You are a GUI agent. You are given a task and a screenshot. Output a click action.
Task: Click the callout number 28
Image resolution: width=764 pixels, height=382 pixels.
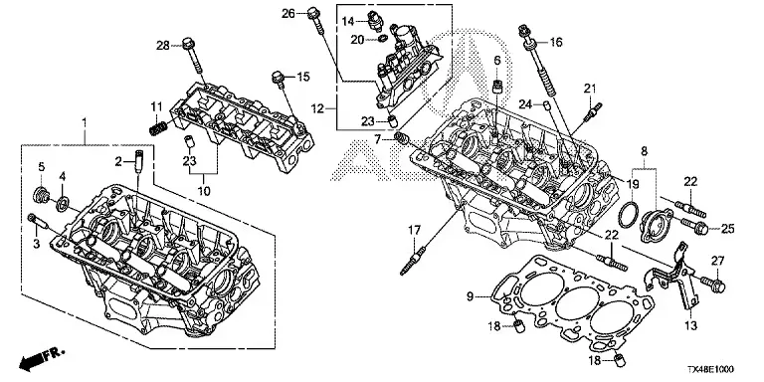click(x=162, y=46)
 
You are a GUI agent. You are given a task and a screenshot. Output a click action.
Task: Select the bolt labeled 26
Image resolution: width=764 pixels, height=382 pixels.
click(x=315, y=21)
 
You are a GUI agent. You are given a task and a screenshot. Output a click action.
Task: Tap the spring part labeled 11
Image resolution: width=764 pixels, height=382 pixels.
click(x=158, y=129)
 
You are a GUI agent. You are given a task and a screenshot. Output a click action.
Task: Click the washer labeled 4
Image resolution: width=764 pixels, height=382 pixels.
click(x=62, y=203)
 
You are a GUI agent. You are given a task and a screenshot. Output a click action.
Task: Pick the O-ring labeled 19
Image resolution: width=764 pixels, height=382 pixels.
click(x=629, y=214)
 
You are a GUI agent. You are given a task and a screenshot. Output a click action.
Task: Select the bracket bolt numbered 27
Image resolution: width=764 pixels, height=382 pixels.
click(x=713, y=284)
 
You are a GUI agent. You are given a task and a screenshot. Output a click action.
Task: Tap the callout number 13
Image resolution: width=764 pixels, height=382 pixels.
click(x=691, y=325)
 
